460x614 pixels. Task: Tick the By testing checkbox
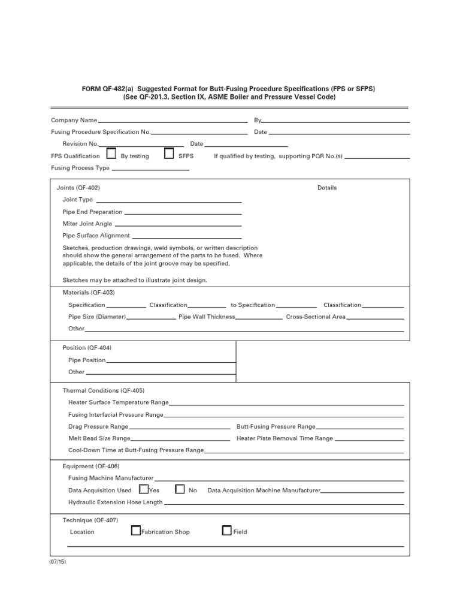pyautogui.click(x=111, y=154)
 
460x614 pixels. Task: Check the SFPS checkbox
pyautogui.click(x=170, y=154)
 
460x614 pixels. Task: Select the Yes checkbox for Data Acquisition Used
pyautogui.click(x=144, y=489)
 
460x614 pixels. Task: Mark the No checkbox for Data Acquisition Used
pyautogui.click(x=180, y=489)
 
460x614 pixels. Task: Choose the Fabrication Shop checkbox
pyautogui.click(x=136, y=530)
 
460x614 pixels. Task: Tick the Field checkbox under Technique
pyautogui.click(x=226, y=530)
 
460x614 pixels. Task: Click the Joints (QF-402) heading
pyautogui.click(x=78, y=188)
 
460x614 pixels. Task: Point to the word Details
pyautogui.click(x=327, y=188)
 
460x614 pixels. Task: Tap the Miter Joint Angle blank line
pyautogui.click(x=178, y=225)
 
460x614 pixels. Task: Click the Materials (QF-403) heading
pyautogui.click(x=89, y=293)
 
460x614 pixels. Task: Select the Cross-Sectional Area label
pyautogui.click(x=316, y=317)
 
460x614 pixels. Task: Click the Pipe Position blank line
pyautogui.click(x=171, y=362)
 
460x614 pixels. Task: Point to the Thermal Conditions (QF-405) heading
pyautogui.click(x=104, y=390)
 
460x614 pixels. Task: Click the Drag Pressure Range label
pyautogui.click(x=98, y=426)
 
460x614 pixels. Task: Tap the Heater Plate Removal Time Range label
pyautogui.click(x=285, y=438)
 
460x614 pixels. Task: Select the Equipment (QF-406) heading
pyautogui.click(x=91, y=466)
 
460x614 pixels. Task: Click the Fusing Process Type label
pyautogui.click(x=80, y=168)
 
